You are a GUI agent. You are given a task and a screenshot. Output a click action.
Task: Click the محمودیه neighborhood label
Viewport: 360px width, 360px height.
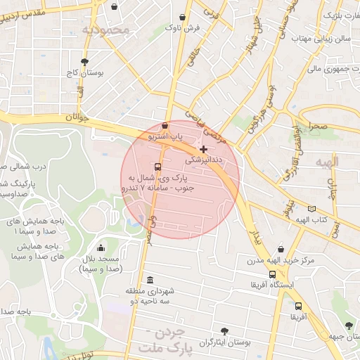pos(105,30)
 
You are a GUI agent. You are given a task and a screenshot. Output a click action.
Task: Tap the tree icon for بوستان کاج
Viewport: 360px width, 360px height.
pos(85,62)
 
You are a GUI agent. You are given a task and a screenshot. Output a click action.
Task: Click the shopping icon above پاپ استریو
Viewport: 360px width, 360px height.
pos(165,125)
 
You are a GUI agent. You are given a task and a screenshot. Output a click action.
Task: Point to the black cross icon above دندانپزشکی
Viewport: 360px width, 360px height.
pos(204,149)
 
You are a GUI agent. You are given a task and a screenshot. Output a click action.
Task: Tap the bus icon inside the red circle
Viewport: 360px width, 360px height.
pos(157,167)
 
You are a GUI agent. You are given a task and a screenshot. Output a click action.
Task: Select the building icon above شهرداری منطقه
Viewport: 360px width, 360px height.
pos(150,281)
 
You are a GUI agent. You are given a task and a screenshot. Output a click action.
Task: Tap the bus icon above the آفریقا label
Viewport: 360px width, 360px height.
pos(299,307)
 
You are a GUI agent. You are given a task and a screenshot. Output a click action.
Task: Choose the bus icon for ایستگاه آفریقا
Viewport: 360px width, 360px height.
pos(272,274)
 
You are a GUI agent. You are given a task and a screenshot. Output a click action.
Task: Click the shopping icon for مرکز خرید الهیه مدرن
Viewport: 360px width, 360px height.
pos(281,249)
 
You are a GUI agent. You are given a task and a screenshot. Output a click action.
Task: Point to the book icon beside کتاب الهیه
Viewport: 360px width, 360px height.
pos(311,209)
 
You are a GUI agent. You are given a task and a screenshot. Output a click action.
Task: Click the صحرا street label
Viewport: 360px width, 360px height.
pos(315,127)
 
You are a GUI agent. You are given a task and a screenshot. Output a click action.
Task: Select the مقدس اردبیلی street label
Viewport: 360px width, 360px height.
pos(39,15)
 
